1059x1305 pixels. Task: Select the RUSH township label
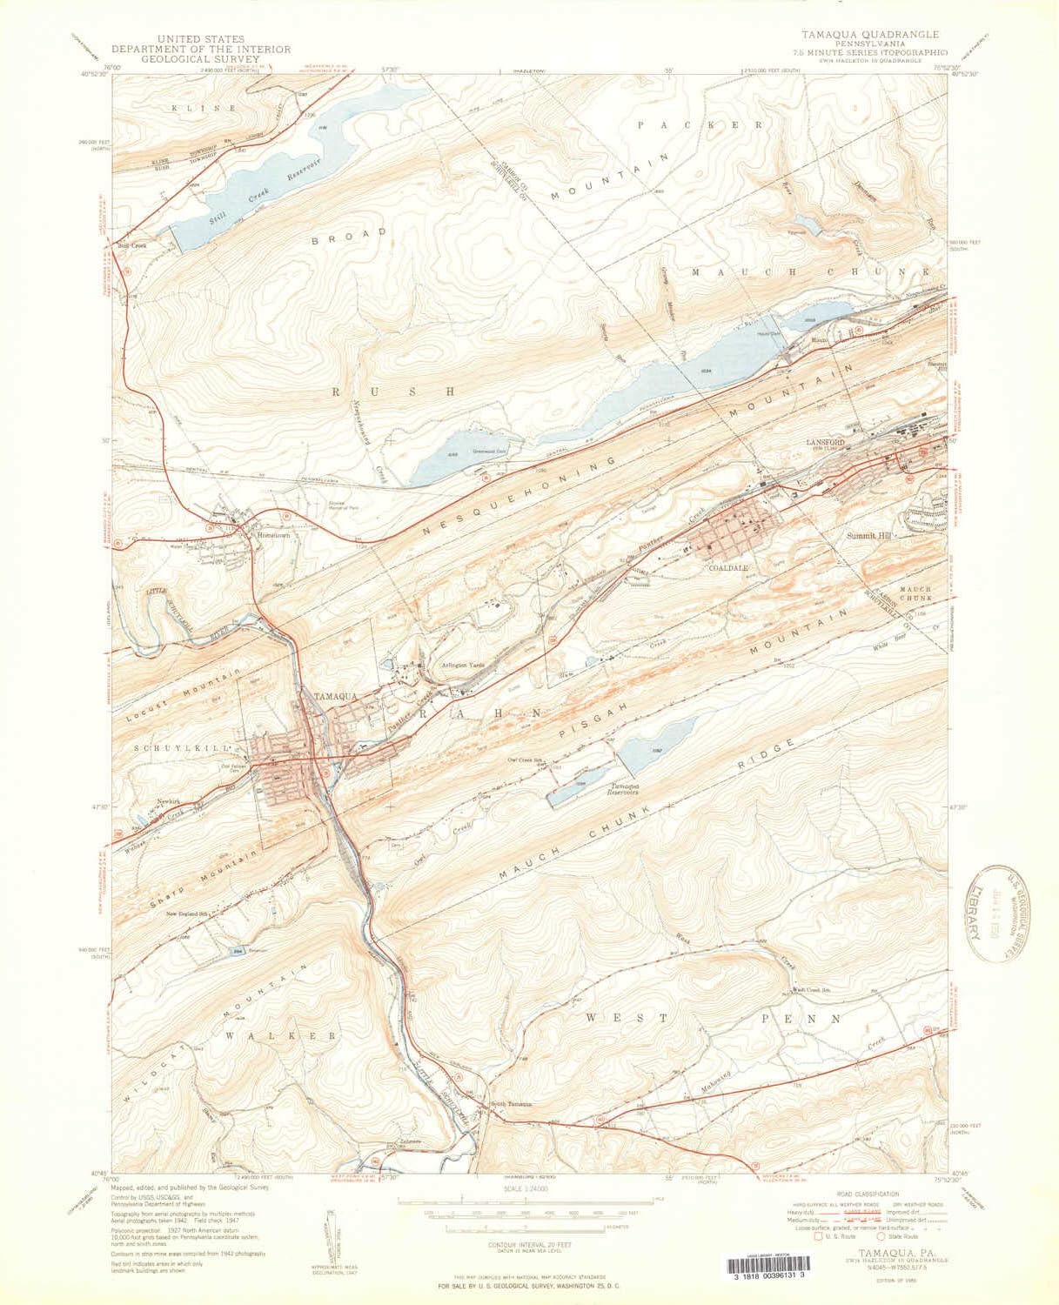click(x=391, y=392)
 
